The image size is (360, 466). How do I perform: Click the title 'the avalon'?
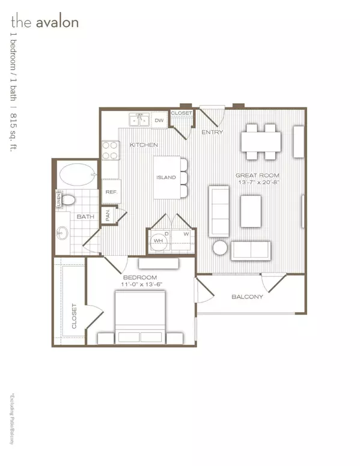[44, 23]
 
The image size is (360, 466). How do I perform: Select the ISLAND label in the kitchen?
[166, 177]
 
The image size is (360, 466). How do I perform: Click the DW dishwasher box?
[159, 121]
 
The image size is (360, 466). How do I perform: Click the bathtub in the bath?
[77, 175]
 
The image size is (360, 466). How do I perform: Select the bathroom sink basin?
[63, 232]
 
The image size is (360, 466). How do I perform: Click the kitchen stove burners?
[110, 150]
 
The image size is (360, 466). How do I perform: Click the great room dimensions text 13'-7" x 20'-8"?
[258, 183]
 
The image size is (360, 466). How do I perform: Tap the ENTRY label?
[212, 132]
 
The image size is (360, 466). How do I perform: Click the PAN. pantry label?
[109, 216]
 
